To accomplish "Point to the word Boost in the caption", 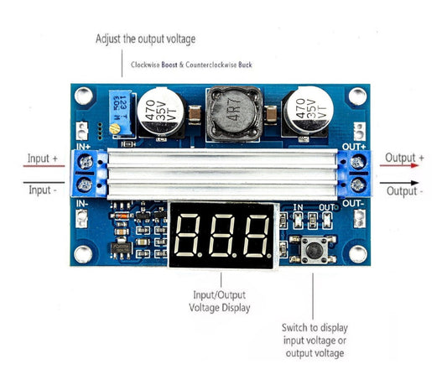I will tap(172, 64).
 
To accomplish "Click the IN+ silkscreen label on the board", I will tap(84, 148).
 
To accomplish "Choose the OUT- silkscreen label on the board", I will tap(353, 203).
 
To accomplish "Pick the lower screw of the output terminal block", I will tap(358, 185).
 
